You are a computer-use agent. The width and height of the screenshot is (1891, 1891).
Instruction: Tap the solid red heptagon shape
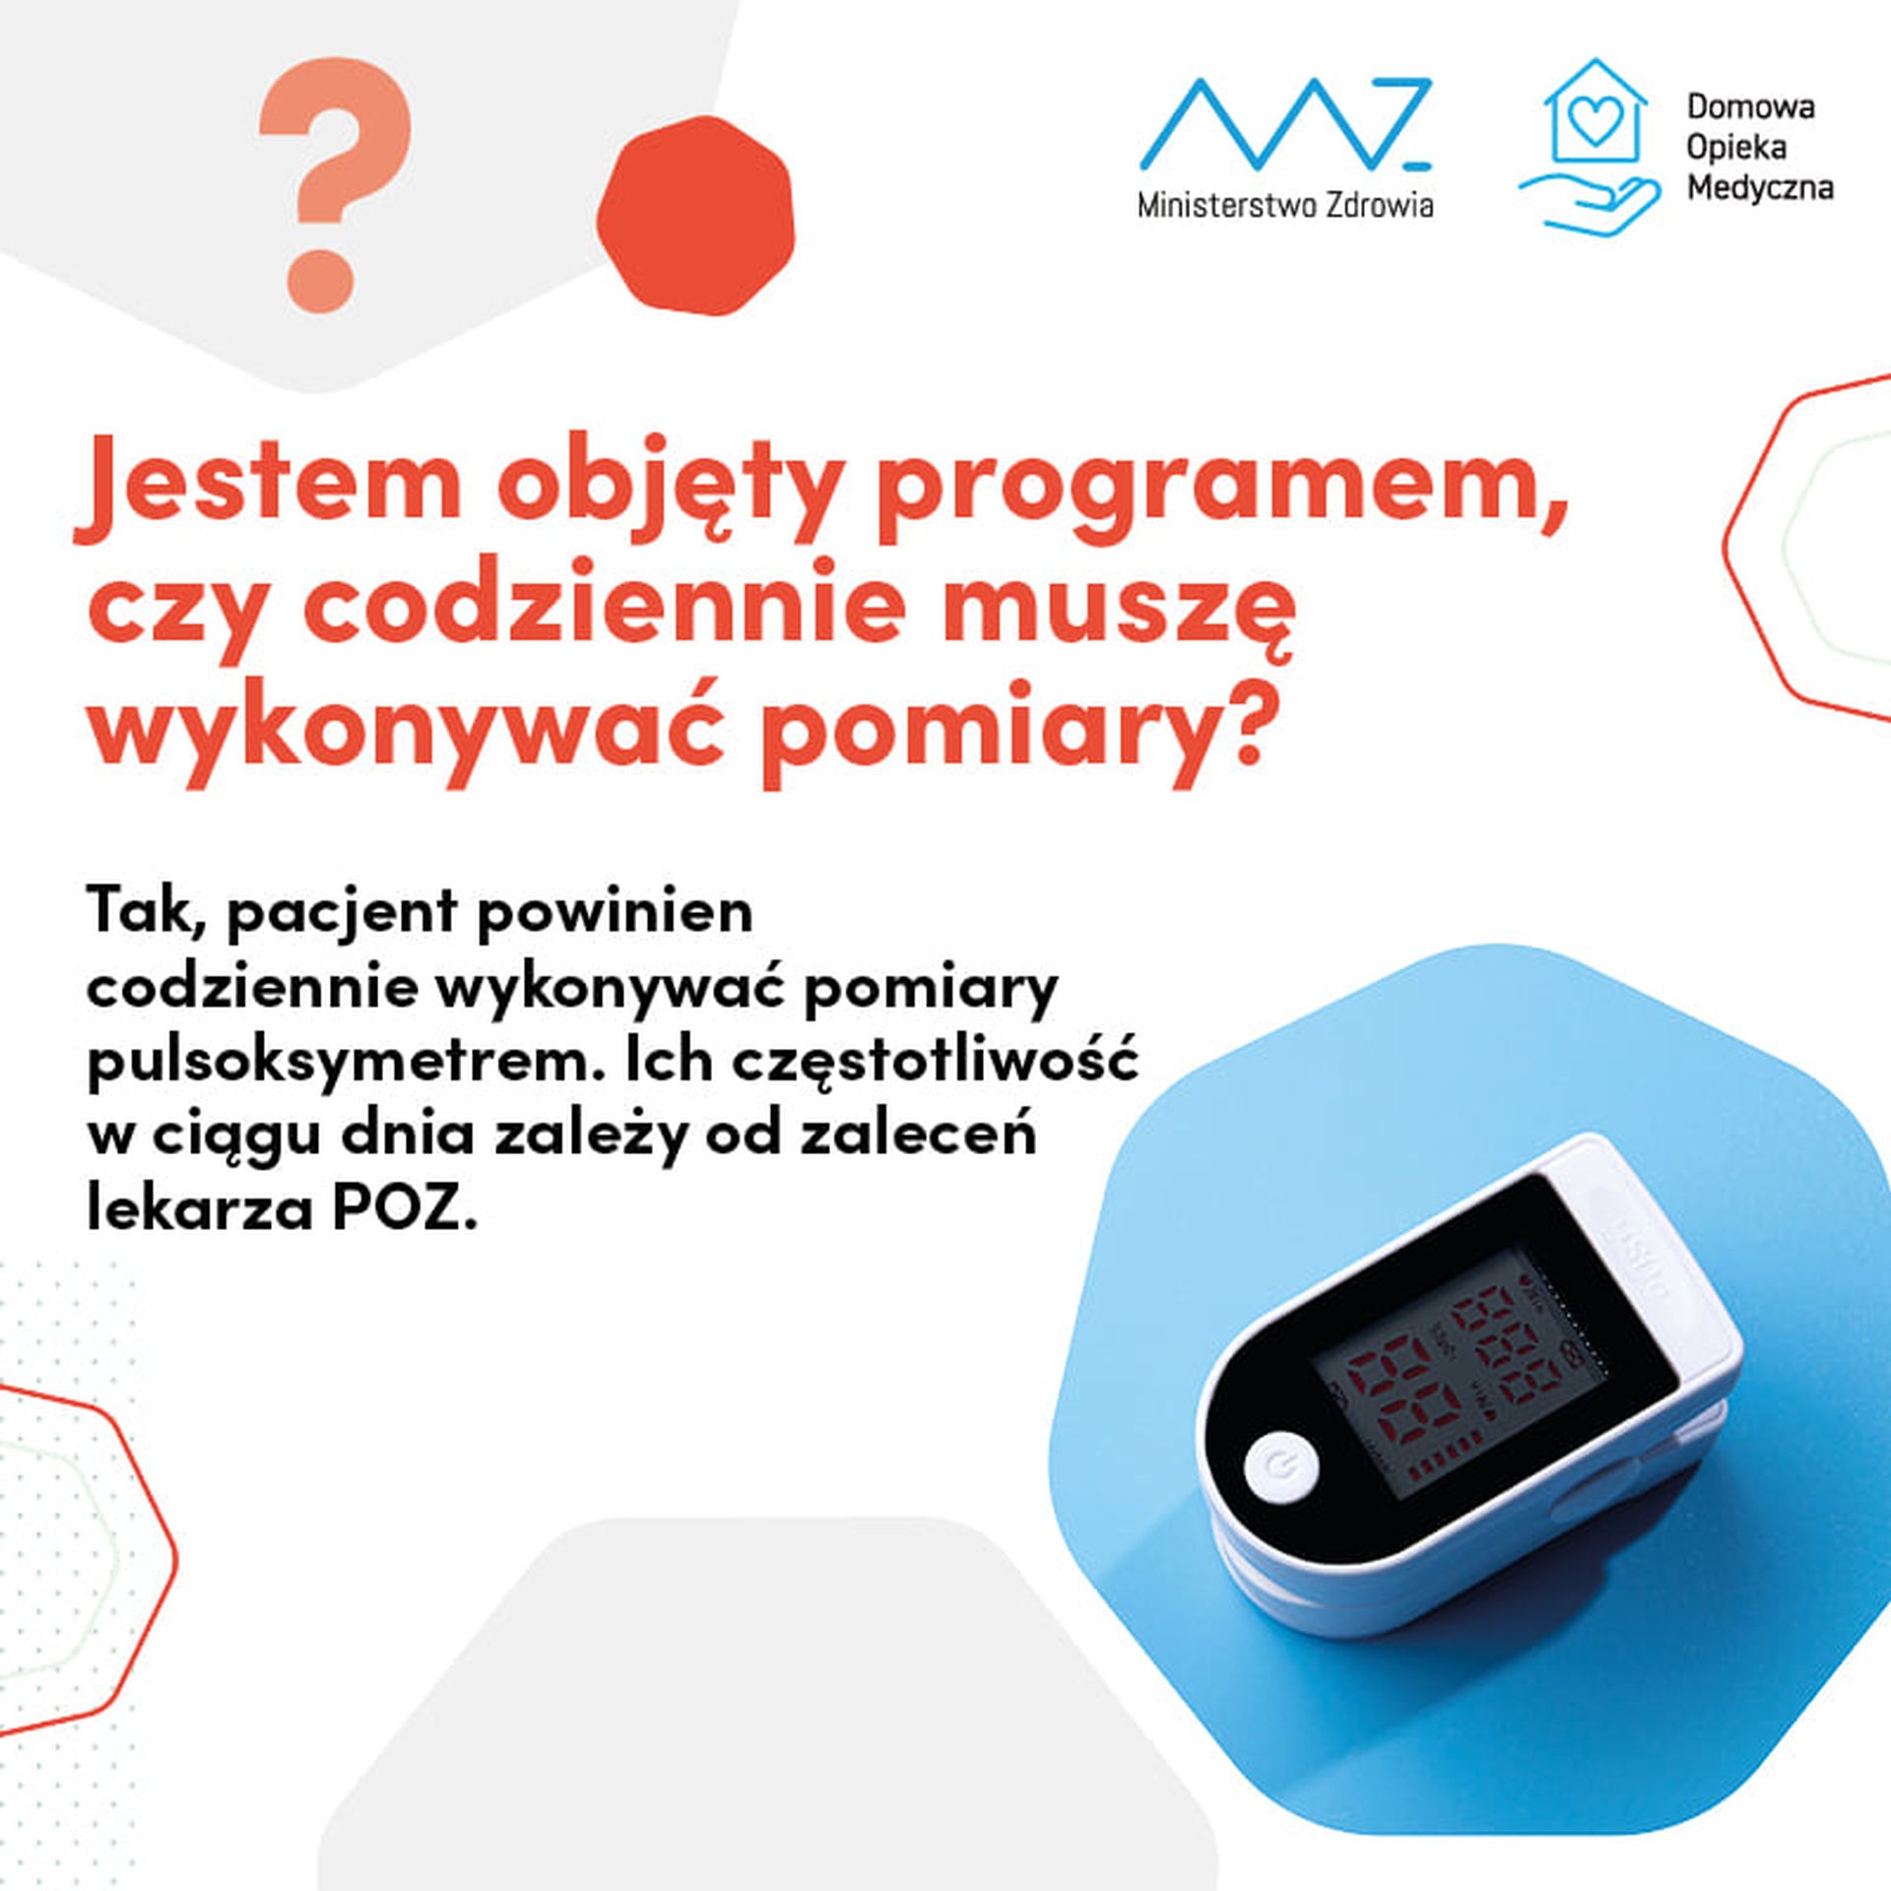(695, 214)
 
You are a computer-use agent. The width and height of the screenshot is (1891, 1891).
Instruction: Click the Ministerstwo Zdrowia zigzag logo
(1286, 124)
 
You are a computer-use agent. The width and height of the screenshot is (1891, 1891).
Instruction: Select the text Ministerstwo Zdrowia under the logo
(1285, 205)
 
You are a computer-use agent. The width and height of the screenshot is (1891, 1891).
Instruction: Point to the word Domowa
(1751, 106)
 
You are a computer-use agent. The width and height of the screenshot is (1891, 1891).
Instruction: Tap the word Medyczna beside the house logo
(1760, 187)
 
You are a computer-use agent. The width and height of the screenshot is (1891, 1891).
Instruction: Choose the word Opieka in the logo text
(1735, 148)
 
